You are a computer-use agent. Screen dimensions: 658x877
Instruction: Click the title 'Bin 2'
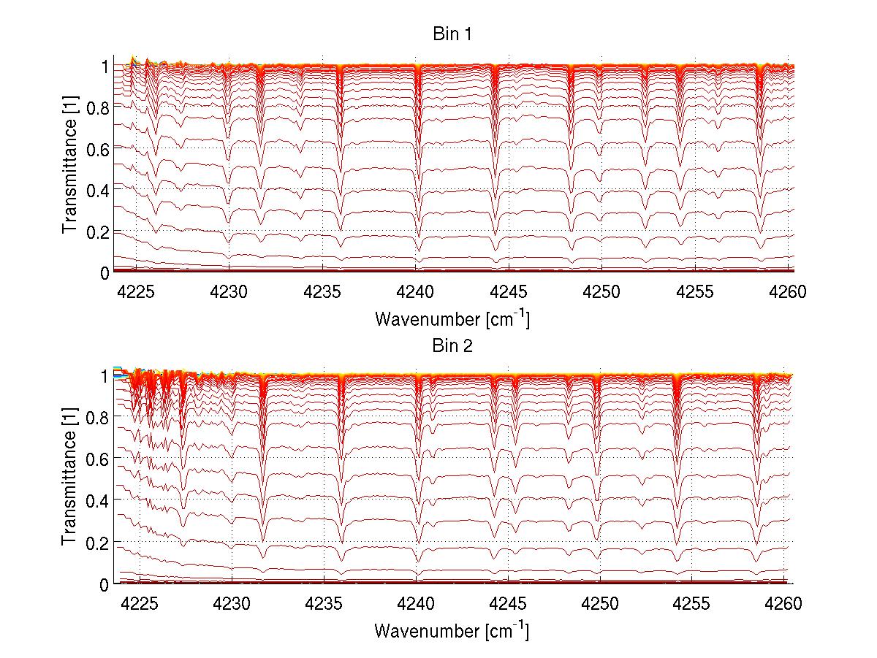(452, 346)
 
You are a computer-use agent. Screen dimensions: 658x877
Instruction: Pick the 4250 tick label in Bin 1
(601, 292)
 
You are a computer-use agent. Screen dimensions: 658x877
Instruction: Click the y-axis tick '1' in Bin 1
(105, 66)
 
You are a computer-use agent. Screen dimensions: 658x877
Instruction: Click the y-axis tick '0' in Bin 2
(105, 585)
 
